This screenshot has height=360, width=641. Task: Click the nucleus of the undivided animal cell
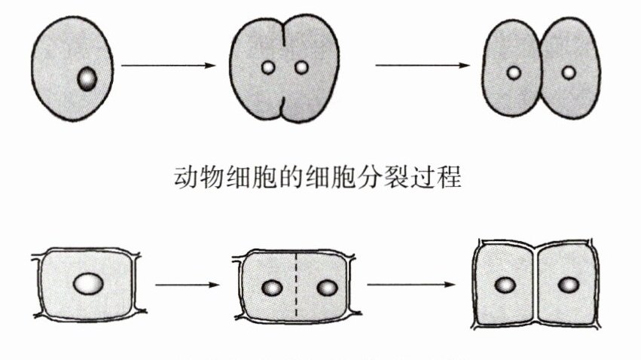[x=88, y=78]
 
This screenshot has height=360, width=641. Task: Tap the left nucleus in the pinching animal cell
[x=267, y=69]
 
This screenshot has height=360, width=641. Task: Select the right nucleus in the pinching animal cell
[x=301, y=69]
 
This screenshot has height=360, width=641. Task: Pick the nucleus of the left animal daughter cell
[x=514, y=73]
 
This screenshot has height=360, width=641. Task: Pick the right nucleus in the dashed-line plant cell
[x=326, y=288]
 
